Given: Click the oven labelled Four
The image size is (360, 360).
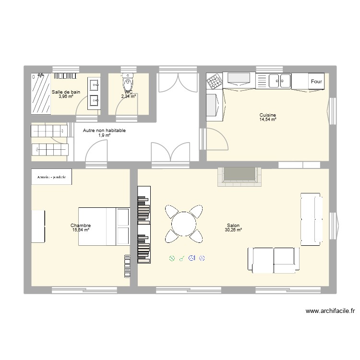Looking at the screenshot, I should pos(316,82).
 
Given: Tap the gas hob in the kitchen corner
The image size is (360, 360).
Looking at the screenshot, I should pos(214,82).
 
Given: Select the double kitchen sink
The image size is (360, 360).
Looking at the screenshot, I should pos(279,81).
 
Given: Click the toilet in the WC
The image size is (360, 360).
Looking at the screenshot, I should pos(128,82).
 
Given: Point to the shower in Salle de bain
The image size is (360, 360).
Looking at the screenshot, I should pos(41,94).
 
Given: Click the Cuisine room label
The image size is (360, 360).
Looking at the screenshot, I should pos(267,115).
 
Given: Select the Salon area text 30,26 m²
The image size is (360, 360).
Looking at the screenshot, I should pos(233,230).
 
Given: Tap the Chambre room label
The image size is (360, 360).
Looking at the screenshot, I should pos(80,226).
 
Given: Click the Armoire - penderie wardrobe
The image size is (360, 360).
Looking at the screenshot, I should pos(51,177).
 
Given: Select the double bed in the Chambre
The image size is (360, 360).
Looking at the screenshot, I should pos(104,227).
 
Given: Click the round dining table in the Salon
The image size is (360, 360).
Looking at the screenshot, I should pos(184,224).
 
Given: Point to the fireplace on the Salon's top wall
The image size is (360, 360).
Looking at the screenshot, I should pos(239,176).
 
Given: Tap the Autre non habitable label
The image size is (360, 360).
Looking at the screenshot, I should pos(104,130).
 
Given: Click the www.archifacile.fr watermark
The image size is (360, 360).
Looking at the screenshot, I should pos(330,311).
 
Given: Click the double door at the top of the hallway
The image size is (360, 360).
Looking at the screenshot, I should pos(178,83).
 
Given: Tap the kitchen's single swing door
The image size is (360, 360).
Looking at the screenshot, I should pos(216,140).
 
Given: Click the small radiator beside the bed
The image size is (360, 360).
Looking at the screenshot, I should pos(38,226).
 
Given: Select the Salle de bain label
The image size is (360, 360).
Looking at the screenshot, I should pos(66,92).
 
